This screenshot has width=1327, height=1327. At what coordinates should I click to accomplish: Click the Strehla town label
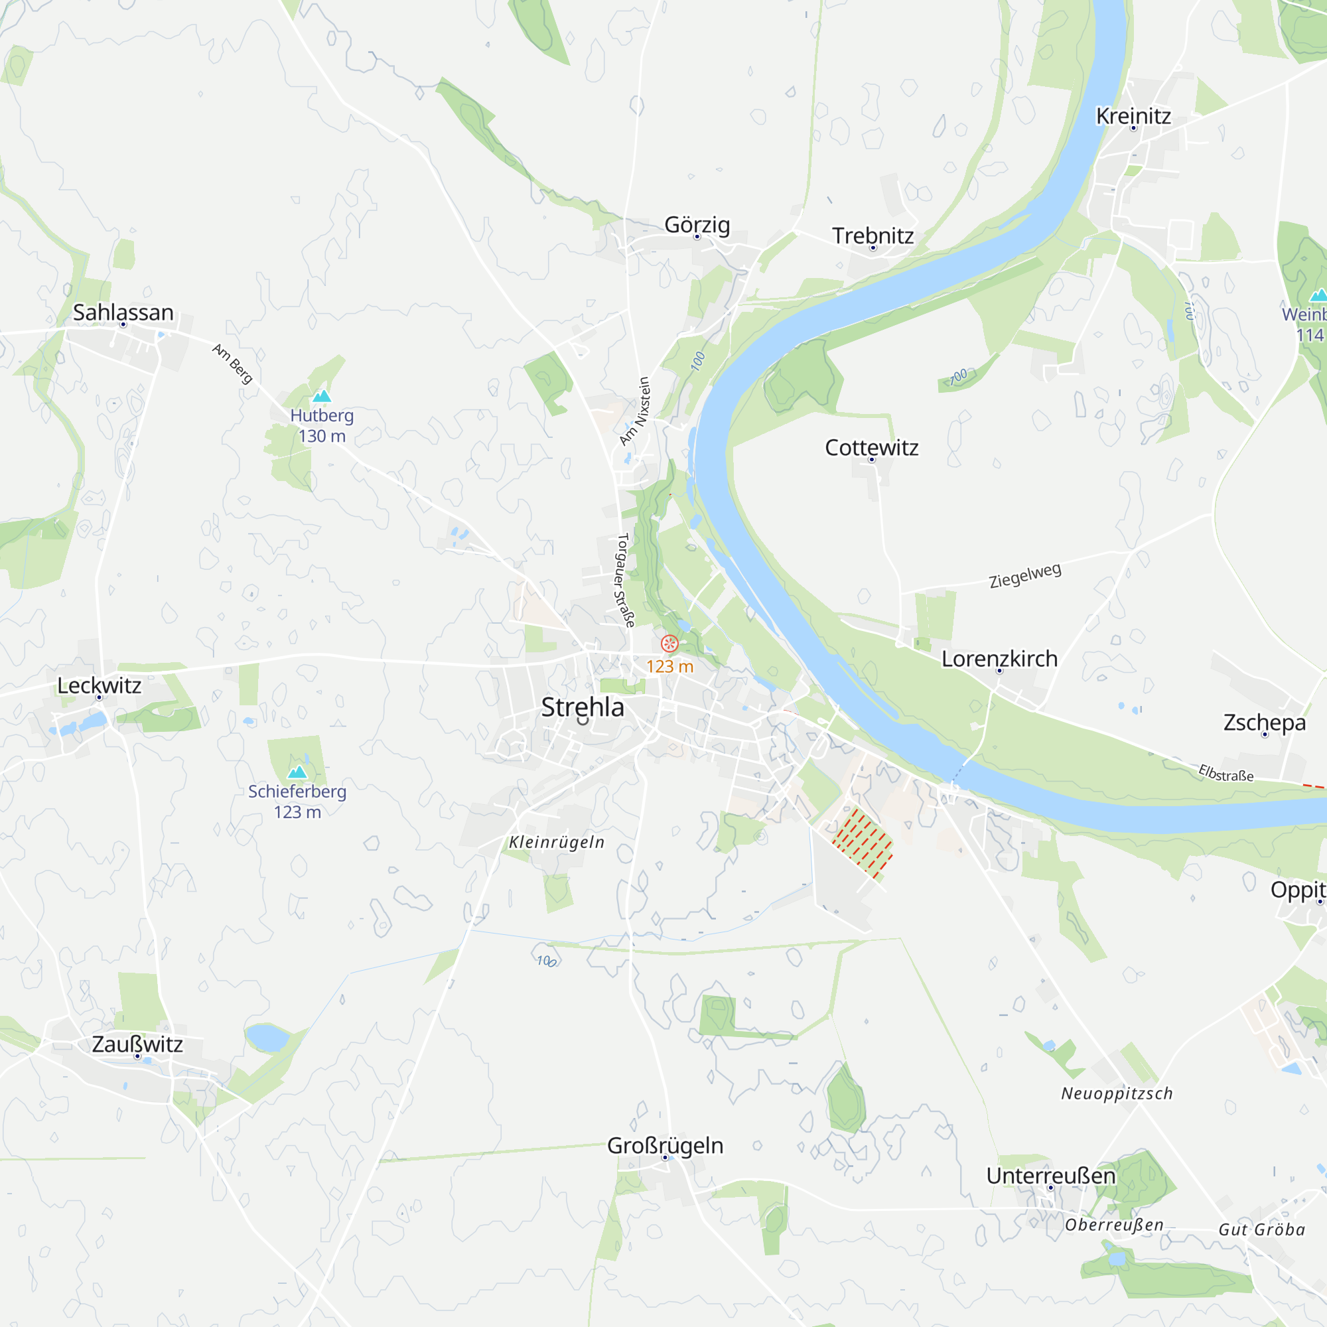click(x=583, y=707)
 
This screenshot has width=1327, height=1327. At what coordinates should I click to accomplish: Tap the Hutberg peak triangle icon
click(x=321, y=396)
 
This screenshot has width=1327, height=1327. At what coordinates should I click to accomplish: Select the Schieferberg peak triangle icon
click(x=297, y=772)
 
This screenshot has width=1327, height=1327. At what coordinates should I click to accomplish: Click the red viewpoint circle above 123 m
click(x=669, y=644)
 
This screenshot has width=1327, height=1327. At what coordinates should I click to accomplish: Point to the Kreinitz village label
click(x=1133, y=116)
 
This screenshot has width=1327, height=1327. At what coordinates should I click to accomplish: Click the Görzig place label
click(x=697, y=225)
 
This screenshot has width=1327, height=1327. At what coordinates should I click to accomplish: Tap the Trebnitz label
click(x=873, y=236)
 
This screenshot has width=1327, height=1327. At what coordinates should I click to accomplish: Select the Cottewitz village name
click(x=872, y=448)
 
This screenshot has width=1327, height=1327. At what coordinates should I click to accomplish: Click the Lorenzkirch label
click(x=999, y=659)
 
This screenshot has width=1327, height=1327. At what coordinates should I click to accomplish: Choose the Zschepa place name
click(x=1265, y=723)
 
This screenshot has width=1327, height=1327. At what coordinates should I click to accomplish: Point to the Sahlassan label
click(x=123, y=313)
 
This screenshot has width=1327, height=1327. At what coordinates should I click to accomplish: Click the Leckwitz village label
click(x=99, y=685)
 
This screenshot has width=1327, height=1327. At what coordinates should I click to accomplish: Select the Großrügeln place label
click(x=665, y=1146)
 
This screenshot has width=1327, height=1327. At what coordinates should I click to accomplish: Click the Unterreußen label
click(x=1051, y=1176)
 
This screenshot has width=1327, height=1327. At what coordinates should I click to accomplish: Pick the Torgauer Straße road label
click(x=624, y=581)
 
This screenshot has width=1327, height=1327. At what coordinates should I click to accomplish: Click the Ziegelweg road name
click(x=1025, y=575)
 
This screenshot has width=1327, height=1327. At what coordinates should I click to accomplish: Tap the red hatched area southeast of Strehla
click(x=863, y=844)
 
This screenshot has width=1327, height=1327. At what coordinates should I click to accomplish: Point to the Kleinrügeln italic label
click(x=557, y=843)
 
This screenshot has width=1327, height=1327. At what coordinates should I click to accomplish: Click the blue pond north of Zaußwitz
click(x=267, y=1037)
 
